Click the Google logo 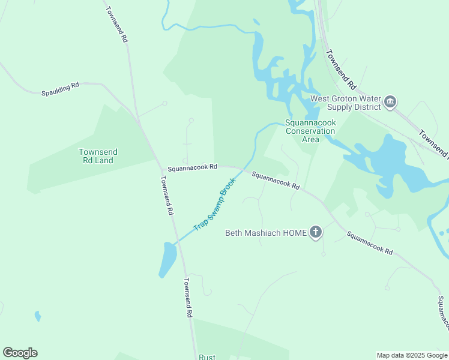[x=20, y=353]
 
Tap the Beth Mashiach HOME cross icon [x=316, y=232]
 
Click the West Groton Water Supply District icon [x=391, y=102]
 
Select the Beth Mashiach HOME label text [x=265, y=233]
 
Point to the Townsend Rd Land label [x=98, y=156]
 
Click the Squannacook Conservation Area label [x=310, y=131]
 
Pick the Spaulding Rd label [x=60, y=89]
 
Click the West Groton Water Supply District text [x=345, y=103]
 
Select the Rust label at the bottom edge [x=207, y=357]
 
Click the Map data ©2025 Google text [x=411, y=355]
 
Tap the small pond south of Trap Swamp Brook [x=167, y=259]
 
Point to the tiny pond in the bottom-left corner [x=38, y=316]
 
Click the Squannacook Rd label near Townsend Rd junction [x=192, y=169]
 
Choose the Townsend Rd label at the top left [x=118, y=24]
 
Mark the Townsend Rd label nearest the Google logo [x=188, y=298]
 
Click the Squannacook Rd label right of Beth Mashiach [x=369, y=244]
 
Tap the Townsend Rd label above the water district [x=342, y=69]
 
